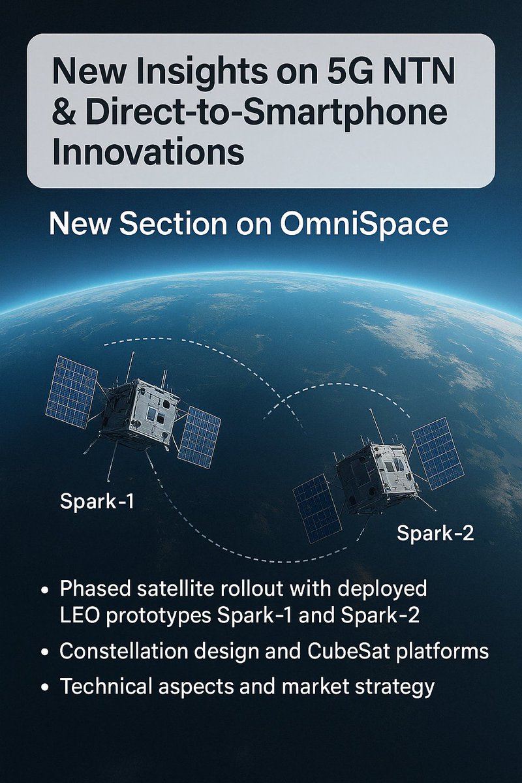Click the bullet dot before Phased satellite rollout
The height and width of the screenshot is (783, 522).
(x=45, y=589)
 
